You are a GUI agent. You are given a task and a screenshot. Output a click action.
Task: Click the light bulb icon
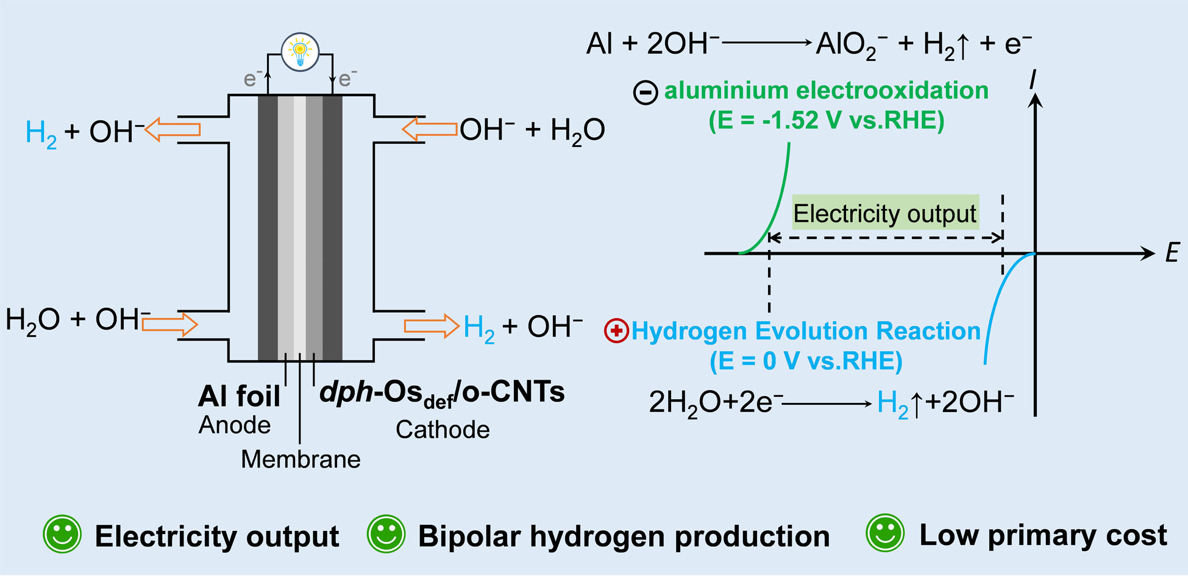[x=300, y=52]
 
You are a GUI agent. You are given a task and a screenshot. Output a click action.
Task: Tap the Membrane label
[x=301, y=459]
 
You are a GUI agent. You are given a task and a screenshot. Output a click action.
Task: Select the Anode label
[x=235, y=425]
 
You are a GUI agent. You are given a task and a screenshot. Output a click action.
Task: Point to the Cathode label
[x=443, y=430]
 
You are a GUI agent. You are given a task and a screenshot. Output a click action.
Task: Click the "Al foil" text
[x=240, y=396]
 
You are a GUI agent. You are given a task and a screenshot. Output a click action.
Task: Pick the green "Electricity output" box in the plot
[x=885, y=213]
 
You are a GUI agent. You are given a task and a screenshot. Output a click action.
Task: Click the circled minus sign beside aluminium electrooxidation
[x=646, y=93]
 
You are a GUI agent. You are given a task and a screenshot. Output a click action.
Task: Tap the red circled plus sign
[x=616, y=331]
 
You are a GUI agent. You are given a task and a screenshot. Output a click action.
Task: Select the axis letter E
[x=1172, y=252]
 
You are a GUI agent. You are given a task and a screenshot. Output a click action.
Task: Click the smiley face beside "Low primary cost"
[x=885, y=533]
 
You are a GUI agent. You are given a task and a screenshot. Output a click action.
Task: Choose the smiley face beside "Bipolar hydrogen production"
[x=386, y=534]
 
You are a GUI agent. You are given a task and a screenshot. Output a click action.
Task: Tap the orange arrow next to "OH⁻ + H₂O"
[x=430, y=129]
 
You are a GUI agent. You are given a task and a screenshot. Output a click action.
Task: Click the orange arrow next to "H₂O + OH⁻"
[x=169, y=324]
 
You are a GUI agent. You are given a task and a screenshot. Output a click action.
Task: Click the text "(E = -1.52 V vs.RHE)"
[x=826, y=120]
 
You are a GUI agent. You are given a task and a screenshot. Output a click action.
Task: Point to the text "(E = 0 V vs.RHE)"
[x=806, y=361]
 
